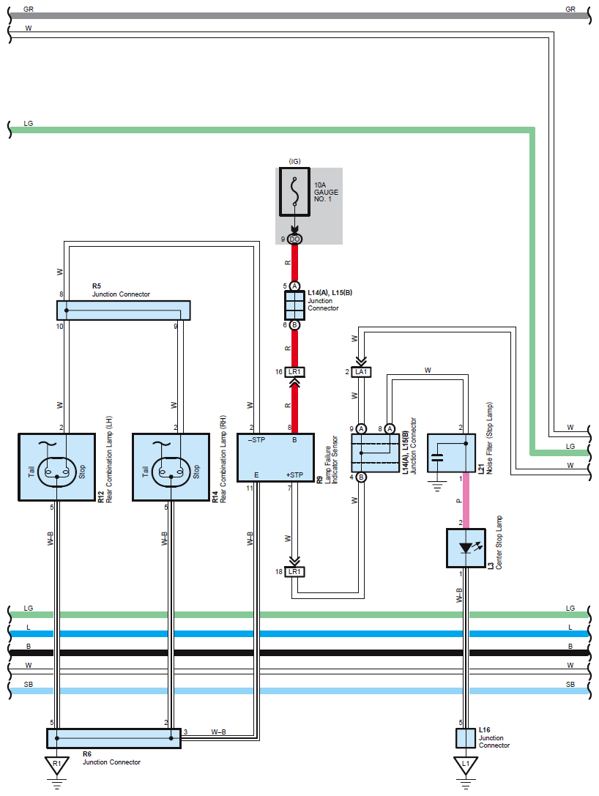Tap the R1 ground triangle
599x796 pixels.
56,766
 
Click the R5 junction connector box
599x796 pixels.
123,310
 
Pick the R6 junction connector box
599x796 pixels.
114,738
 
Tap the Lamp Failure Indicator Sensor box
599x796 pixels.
275,457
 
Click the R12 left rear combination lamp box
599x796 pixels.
56,467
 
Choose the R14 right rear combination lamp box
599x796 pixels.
171,467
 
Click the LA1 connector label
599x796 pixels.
360,373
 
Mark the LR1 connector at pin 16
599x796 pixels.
294,372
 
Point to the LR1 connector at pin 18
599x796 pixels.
294,571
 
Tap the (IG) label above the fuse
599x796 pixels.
294,161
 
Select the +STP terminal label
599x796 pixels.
294,476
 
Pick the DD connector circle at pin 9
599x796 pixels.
294,239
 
